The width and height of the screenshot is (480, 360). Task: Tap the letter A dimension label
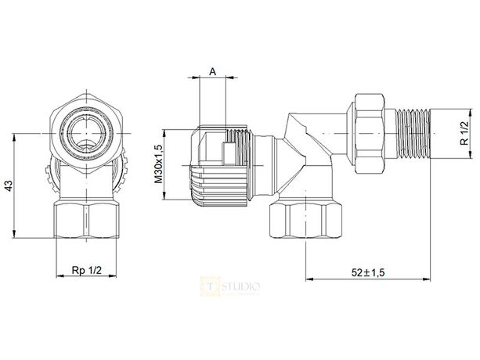(x=211, y=70)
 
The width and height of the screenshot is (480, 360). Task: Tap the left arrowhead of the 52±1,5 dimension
(x=308, y=279)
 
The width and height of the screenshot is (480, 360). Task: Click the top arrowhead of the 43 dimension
(x=16, y=136)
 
